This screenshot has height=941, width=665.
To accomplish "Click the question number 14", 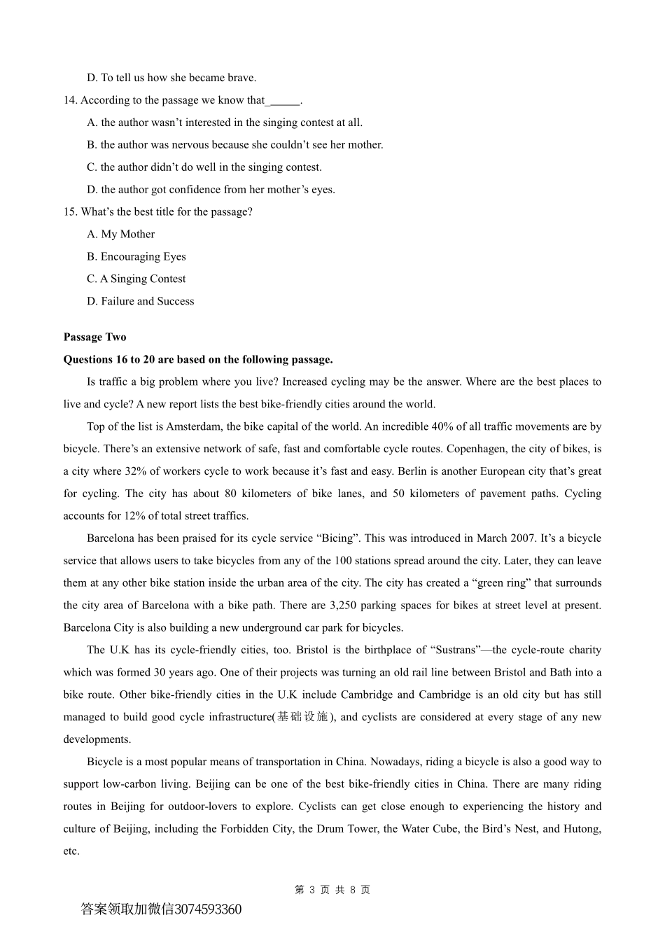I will point(70,100).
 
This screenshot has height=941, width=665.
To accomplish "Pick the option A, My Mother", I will point(121,234).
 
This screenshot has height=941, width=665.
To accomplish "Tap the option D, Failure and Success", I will point(141,301).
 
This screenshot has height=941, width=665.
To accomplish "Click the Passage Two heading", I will point(94,337).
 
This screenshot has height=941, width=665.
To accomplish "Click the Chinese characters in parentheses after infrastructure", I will point(302,717).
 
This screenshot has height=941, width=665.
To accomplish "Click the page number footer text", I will point(332,890).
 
